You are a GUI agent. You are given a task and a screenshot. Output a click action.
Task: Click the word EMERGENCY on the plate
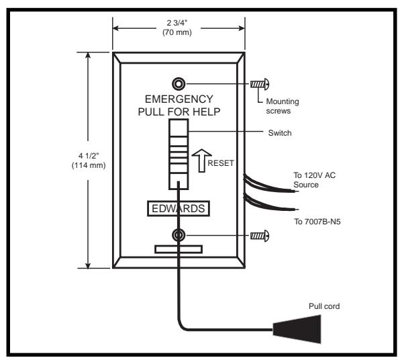(x=179, y=99)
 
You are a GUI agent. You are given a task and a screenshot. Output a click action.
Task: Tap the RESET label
(x=221, y=163)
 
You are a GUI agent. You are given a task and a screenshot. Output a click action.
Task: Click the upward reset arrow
(x=202, y=161)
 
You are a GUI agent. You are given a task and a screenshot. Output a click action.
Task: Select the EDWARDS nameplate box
(x=179, y=208)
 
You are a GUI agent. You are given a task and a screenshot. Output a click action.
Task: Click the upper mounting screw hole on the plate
(x=179, y=84)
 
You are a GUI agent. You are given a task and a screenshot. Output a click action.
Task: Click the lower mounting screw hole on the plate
(x=179, y=235)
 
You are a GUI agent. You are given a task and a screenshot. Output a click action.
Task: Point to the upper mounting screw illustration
(x=260, y=84)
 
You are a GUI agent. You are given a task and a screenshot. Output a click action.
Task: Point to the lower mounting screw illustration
(x=260, y=236)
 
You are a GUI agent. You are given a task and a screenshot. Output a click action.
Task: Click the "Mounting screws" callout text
(x=283, y=106)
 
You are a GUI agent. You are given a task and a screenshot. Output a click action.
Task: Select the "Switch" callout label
(x=280, y=133)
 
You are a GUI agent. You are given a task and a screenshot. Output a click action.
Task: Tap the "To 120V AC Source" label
(x=314, y=180)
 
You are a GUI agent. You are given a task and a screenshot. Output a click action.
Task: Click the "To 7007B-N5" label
(x=317, y=222)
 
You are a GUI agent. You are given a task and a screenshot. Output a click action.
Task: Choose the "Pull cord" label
(x=324, y=306)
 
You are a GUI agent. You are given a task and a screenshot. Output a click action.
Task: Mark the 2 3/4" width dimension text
(x=177, y=23)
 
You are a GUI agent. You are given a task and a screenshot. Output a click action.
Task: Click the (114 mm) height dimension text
(x=89, y=165)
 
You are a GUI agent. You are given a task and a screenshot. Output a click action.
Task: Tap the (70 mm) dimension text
(x=177, y=32)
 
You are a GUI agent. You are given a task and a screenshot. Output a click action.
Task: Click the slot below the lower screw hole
(x=179, y=249)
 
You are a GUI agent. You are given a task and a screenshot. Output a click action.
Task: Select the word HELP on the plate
(x=207, y=112)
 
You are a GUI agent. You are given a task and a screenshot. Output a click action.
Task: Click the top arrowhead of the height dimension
(x=88, y=55)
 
